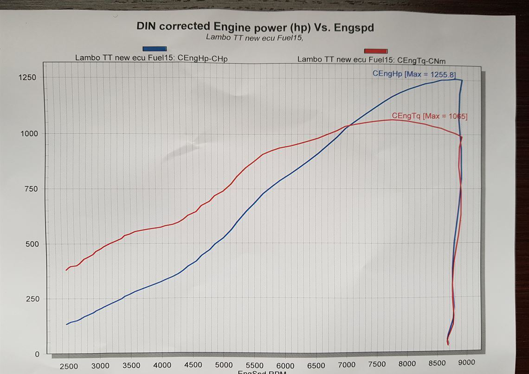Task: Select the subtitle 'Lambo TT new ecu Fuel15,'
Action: coord(254,38)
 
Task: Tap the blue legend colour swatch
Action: coord(155,49)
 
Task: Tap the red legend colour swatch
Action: coord(376,51)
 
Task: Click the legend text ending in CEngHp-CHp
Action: coord(151,58)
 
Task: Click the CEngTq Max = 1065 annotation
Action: coord(429,116)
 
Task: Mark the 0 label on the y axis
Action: coord(37,355)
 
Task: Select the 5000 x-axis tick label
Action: coord(224,365)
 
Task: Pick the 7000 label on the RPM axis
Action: coord(346,364)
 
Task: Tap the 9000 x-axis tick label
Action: coord(467,363)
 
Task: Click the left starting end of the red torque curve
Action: coord(66,270)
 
